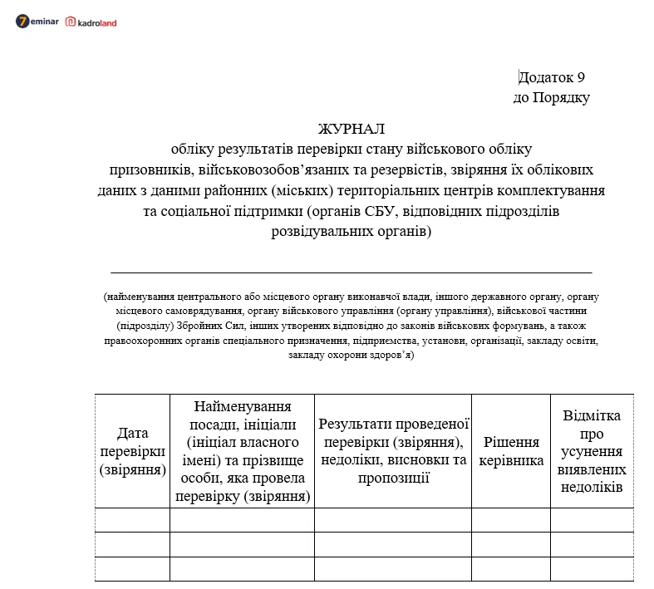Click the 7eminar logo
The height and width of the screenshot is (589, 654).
coord(37,22)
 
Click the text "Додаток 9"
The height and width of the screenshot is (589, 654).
coord(552,77)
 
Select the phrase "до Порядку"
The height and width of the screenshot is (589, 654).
coord(552,97)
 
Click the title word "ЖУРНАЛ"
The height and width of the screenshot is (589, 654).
coord(352,129)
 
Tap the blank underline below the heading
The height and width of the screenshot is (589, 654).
coord(351,272)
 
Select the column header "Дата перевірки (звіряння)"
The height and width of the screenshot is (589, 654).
coord(132,450)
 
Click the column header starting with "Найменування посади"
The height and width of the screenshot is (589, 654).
coord(242,452)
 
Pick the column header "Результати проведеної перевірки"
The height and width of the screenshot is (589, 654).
coord(394,450)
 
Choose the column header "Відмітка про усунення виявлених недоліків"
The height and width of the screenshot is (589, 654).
coord(592,450)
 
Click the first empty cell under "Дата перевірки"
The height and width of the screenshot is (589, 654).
coord(132,520)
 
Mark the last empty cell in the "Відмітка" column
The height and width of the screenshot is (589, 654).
coord(592,569)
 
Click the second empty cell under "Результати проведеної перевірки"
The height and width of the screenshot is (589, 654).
coord(393,544)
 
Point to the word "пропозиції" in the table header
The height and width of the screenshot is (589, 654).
coord(394,477)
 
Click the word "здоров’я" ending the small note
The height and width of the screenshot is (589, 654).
coord(391,355)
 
